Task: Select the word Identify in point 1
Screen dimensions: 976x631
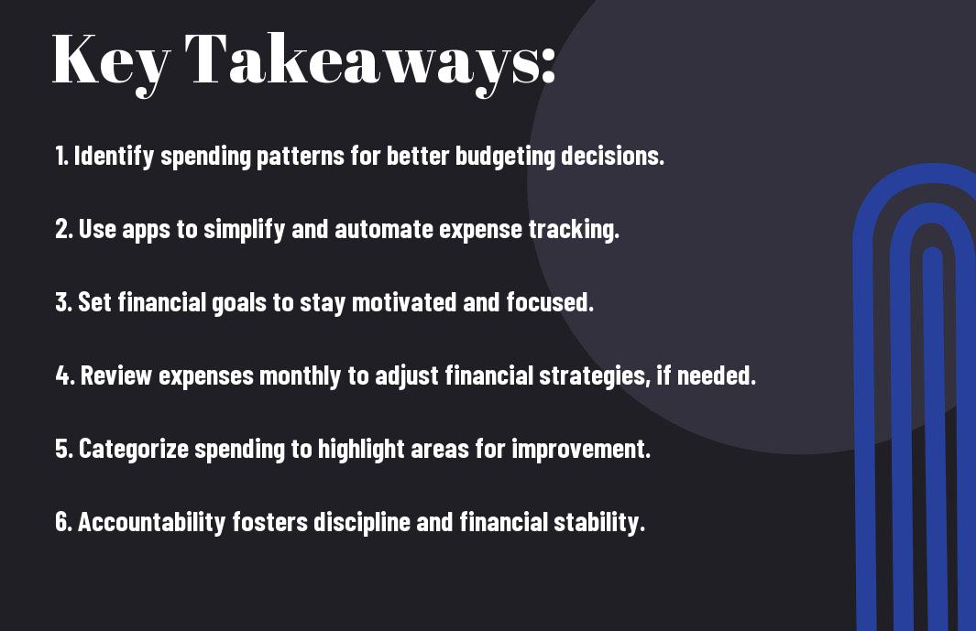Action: pyautogui.click(x=114, y=157)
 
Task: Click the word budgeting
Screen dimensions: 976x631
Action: pyautogui.click(x=505, y=157)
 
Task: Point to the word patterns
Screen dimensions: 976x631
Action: pyautogui.click(x=300, y=157)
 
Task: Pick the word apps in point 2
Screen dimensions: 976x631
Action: pyautogui.click(x=146, y=230)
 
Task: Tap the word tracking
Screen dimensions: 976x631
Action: pyautogui.click(x=574, y=229)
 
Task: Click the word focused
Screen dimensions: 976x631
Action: pyautogui.click(x=550, y=302)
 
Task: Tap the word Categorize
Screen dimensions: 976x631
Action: pyautogui.click(x=133, y=450)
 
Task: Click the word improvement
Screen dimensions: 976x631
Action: pyautogui.click(x=581, y=450)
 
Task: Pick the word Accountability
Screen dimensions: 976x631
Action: pyautogui.click(x=151, y=522)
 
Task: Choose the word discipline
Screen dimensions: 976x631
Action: pyautogui.click(x=362, y=522)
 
